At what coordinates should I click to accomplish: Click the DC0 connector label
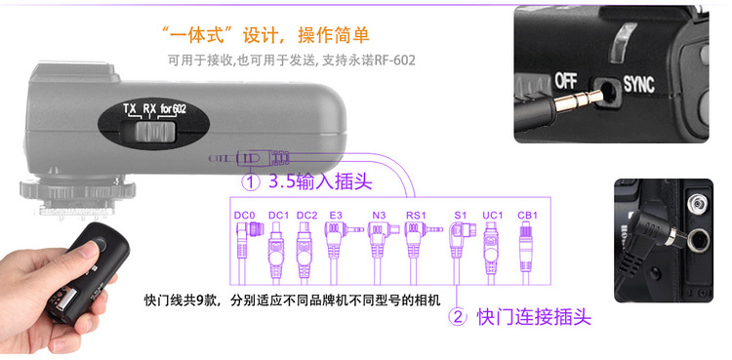pyautogui.click(x=245, y=216)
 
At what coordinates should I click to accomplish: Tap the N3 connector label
pyautogui.click(x=379, y=216)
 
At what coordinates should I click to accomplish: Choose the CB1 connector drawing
pyautogui.click(x=526, y=253)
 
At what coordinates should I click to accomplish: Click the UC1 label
pyautogui.click(x=493, y=216)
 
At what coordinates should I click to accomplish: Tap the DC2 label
pyautogui.click(x=306, y=216)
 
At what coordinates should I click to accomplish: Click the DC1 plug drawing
pyautogui.click(x=275, y=253)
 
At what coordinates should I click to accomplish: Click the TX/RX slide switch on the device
pyautogui.click(x=154, y=132)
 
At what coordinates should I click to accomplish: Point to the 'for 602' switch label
pyautogui.click(x=173, y=109)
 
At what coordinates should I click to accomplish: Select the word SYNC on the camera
pyautogui.click(x=638, y=85)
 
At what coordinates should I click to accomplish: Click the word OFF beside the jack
pyautogui.click(x=566, y=81)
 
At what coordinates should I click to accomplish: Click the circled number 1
pyautogui.click(x=251, y=182)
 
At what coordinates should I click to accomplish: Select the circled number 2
pyautogui.click(x=458, y=317)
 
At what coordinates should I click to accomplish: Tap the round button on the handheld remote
pyautogui.click(x=100, y=244)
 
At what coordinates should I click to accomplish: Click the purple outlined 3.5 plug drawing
pyautogui.click(x=249, y=158)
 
